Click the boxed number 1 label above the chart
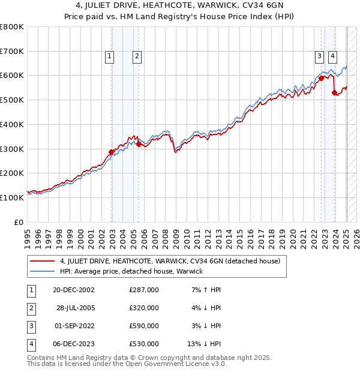tap(109, 56)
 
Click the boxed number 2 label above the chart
tap(137, 56)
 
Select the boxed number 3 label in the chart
tap(319, 56)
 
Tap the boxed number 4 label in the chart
tap(332, 56)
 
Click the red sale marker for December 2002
tap(112, 152)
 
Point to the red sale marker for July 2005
tap(139, 144)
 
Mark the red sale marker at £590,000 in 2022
tap(322, 77)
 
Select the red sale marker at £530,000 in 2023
tap(335, 92)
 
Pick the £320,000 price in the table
tap(143, 308)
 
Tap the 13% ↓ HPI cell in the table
tap(204, 344)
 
